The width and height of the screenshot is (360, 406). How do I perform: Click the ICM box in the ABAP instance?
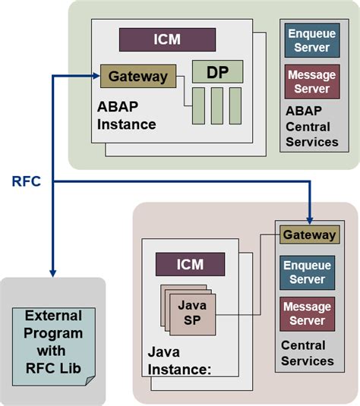[x=168, y=39]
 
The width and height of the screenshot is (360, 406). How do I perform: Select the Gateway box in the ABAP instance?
[x=138, y=76]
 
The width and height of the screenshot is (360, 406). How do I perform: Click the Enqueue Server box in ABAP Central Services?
[x=311, y=40]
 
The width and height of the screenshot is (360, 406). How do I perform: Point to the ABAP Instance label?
[x=126, y=113]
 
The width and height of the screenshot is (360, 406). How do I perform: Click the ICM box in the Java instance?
[x=190, y=264]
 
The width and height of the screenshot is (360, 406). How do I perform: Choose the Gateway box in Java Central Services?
[x=309, y=235]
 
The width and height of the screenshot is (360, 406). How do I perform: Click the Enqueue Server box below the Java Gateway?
[x=309, y=272]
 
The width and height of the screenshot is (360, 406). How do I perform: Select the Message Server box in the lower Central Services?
[x=309, y=314]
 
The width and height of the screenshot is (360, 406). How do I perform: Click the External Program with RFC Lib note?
[x=54, y=345]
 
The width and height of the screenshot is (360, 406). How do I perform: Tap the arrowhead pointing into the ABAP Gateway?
[x=96, y=76]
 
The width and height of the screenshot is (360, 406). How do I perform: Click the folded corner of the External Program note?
[x=90, y=377]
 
